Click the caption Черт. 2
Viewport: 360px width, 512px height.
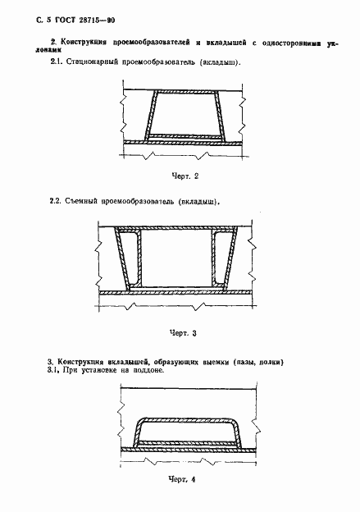[x=186, y=176]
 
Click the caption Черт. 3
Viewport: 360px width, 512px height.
[x=183, y=333]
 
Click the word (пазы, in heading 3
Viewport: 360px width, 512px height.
[x=239, y=359]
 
